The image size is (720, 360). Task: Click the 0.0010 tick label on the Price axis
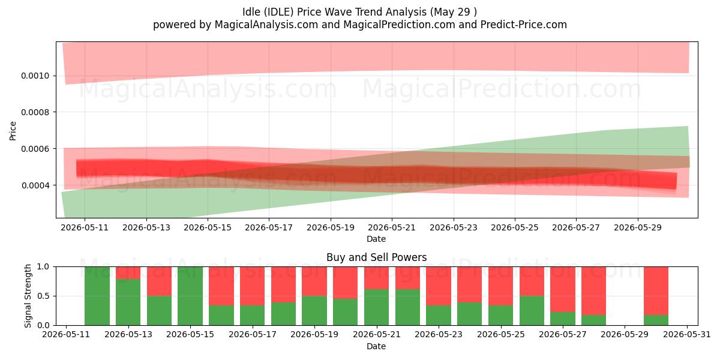35,76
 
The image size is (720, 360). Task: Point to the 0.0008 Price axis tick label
35,112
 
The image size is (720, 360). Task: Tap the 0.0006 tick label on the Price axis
35,149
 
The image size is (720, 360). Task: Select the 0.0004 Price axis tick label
35,185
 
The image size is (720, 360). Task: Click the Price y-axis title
13,131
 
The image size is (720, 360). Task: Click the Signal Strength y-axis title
28,296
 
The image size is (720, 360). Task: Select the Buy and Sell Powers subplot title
376,257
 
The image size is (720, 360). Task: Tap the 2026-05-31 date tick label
687,334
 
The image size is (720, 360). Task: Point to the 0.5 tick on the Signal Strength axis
43,296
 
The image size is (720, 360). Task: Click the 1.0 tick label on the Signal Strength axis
43,267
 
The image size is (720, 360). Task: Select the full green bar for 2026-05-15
190,296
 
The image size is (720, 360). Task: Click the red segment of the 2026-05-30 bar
656,291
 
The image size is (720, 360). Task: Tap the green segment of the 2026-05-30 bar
656,320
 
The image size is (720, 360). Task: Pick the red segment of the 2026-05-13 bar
128,273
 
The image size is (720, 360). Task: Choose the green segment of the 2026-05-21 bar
376,307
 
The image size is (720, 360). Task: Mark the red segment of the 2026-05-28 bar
593,291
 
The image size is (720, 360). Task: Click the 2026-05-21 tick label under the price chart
392,227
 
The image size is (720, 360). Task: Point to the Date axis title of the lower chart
376,346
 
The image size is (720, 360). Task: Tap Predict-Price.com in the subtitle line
524,25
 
